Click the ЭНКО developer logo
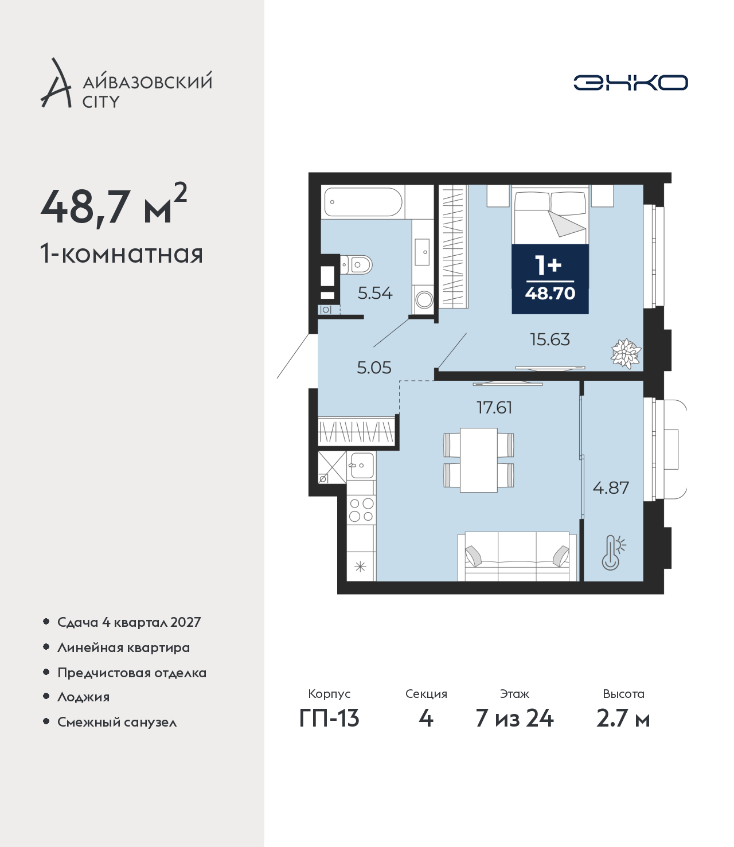(x=630, y=83)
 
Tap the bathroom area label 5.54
(x=375, y=294)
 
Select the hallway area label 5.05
(x=374, y=368)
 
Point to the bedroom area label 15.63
(x=549, y=339)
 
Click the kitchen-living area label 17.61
(x=494, y=408)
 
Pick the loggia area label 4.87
(x=611, y=488)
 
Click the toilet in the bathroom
(x=356, y=265)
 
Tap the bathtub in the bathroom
(x=363, y=202)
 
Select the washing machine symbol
(x=424, y=299)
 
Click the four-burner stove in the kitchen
(x=361, y=509)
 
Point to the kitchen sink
(x=361, y=465)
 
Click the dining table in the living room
(x=478, y=460)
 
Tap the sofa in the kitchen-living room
(x=517, y=556)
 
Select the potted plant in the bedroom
(x=626, y=353)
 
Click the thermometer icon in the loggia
(x=613, y=553)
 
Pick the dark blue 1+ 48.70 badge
(x=550, y=279)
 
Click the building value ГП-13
(x=329, y=719)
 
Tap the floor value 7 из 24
(x=514, y=719)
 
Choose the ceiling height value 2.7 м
(x=623, y=719)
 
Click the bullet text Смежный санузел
(x=117, y=722)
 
